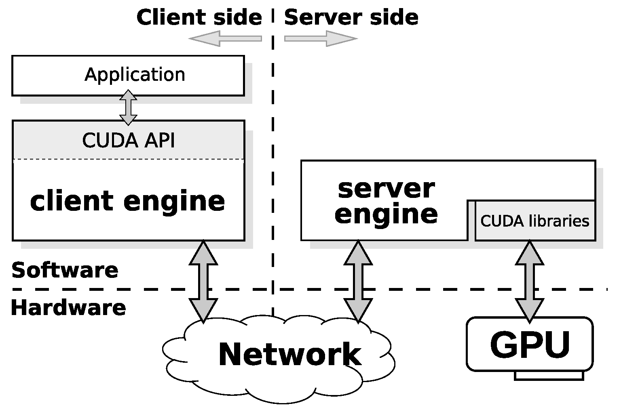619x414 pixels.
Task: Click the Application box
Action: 128,76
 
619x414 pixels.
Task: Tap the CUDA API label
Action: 129,141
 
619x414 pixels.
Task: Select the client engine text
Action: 127,201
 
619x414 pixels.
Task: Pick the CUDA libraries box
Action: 535,221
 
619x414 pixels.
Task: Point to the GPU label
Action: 530,345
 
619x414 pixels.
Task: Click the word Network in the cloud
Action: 290,355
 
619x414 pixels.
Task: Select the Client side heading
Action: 199,18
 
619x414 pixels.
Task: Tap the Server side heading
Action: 351,18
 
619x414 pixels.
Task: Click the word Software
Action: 65,270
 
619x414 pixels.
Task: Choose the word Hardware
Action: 68,308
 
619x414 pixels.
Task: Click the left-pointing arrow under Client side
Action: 225,39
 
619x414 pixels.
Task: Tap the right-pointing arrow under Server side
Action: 321,39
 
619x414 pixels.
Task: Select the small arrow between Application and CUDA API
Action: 128,107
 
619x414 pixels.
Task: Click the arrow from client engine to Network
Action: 203,281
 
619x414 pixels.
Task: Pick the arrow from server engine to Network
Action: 358,281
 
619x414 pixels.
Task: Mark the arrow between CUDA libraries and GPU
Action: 530,281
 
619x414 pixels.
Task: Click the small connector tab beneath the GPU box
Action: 549,376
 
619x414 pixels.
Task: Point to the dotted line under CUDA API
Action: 129,159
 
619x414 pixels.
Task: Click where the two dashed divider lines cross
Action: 273,289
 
